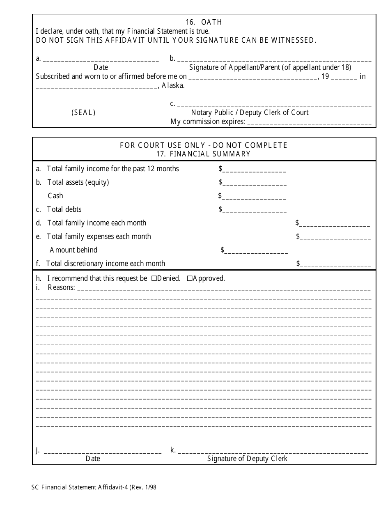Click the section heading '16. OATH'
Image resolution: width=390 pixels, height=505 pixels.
pyautogui.click(x=204, y=23)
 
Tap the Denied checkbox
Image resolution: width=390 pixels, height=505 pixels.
pyautogui.click(x=154, y=278)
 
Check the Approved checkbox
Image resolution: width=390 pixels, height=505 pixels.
pyautogui.click(x=190, y=278)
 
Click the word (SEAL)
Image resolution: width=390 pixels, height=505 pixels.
pyautogui.click(x=83, y=112)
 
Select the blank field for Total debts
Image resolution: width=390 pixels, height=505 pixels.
pyautogui.click(x=255, y=210)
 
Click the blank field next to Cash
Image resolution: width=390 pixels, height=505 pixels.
pyautogui.click(x=254, y=197)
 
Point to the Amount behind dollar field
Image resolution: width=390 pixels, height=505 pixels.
pyautogui.click(x=256, y=251)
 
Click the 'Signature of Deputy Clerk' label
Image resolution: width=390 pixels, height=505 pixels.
pyautogui.click(x=247, y=459)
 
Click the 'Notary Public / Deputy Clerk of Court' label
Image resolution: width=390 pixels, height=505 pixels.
pyautogui.click(x=250, y=112)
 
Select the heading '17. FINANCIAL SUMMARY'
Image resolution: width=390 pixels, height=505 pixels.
pyautogui.click(x=204, y=154)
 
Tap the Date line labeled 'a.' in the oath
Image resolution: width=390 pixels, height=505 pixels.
pyautogui.click(x=101, y=59)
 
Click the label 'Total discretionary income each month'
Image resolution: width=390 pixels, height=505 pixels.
pyautogui.click(x=106, y=264)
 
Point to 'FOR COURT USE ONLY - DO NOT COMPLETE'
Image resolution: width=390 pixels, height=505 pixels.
pyautogui.click(x=204, y=145)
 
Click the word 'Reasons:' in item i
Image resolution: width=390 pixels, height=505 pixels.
pyautogui.click(x=62, y=287)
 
